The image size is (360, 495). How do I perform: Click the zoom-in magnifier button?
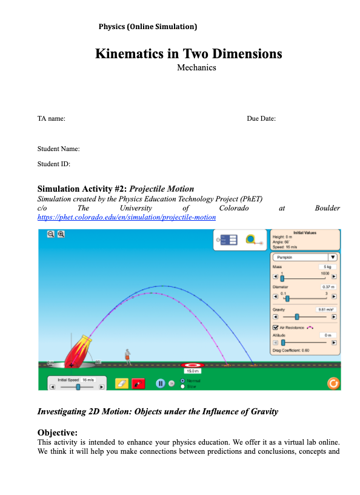pos(61,234)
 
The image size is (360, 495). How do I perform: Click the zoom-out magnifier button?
pos(51,234)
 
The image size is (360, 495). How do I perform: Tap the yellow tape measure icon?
pos(251,240)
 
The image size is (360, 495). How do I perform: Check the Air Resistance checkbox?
pos(276,328)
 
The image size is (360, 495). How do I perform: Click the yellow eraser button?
pos(121,383)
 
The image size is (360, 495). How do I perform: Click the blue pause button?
pos(161,383)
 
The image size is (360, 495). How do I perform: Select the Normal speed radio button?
pos(183,380)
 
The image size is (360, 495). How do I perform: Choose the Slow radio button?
pos(183,386)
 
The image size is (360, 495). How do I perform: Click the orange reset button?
pos(332,383)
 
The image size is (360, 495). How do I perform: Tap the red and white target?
pos(192,365)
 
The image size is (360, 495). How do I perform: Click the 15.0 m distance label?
pos(192,371)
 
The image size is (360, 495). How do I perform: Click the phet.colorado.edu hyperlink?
pos(126,217)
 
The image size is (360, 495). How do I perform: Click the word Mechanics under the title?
pos(196,67)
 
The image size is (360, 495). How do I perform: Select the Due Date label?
pos(261,118)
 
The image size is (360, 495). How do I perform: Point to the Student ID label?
pos(53,164)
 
